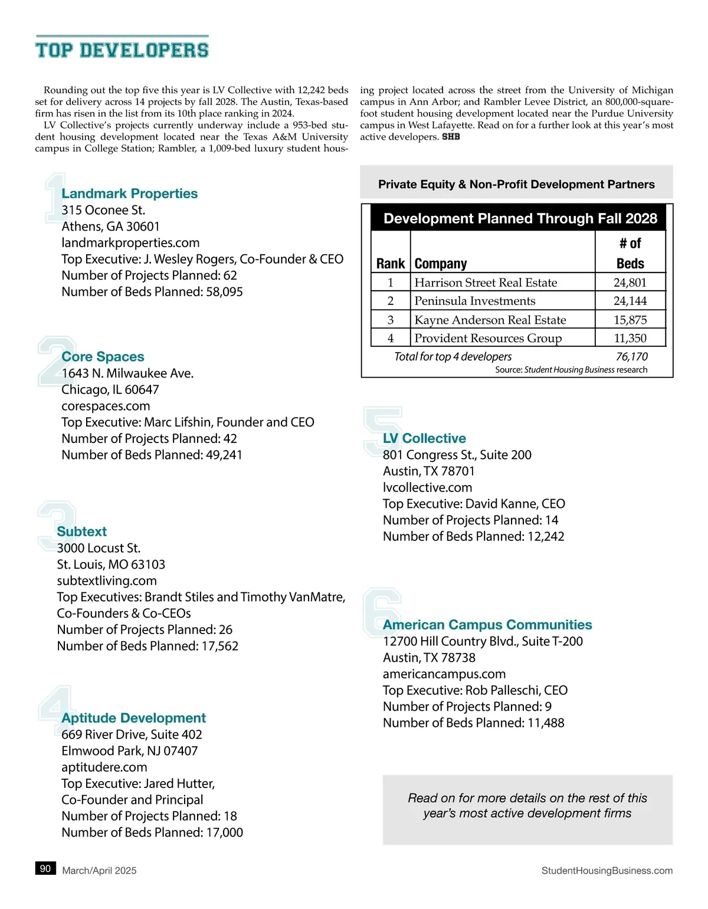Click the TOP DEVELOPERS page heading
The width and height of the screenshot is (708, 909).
(122, 50)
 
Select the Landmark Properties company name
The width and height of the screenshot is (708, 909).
(129, 193)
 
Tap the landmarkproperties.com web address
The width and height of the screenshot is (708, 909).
(130, 242)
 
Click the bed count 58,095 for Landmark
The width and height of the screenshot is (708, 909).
(224, 291)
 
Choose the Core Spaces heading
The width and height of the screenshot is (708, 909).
(103, 357)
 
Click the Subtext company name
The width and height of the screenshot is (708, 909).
(81, 531)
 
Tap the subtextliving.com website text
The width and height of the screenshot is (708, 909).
(107, 580)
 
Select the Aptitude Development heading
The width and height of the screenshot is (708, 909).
(133, 718)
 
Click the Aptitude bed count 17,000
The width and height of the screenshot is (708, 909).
(224, 832)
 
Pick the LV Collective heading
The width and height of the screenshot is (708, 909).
(424, 438)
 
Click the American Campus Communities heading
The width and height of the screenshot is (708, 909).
(487, 625)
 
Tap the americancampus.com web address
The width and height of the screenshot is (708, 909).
(444, 674)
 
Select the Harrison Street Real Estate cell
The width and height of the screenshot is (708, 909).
(486, 283)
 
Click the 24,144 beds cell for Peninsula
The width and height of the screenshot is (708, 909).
(630, 301)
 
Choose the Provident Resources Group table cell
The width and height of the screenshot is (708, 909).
(488, 338)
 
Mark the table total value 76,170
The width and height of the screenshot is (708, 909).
(631, 356)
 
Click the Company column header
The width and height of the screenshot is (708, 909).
(441, 264)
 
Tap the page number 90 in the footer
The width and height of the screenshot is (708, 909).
(45, 868)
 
